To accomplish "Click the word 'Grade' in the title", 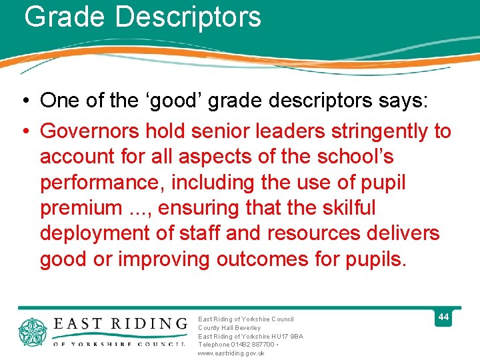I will tap(65, 17).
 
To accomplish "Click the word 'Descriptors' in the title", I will tap(188, 17).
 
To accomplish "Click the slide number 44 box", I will tap(443, 317).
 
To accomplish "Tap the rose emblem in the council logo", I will tap(31, 332).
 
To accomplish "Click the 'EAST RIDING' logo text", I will tap(120, 323).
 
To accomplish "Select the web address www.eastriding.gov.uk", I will tap(231, 353).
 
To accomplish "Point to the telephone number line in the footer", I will tap(237, 345).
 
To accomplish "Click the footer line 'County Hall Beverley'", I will tap(229, 328).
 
